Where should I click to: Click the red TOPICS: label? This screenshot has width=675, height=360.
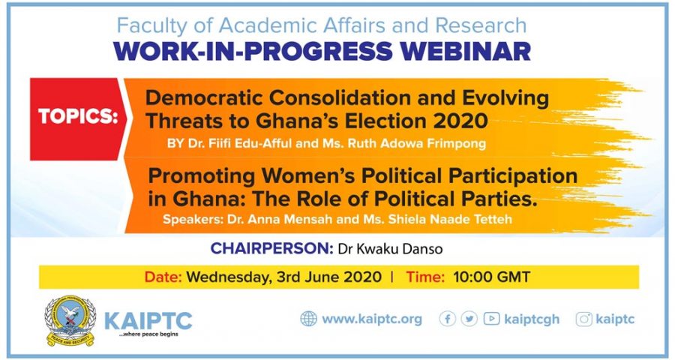(78, 116)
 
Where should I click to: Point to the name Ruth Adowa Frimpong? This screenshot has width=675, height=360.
(417, 143)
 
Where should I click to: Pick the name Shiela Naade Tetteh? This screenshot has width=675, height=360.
(450, 219)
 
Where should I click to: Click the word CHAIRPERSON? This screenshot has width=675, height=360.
(271, 248)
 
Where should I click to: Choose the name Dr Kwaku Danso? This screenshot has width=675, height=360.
(391, 249)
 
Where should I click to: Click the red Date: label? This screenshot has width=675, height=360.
(163, 277)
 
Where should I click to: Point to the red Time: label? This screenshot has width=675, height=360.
(425, 277)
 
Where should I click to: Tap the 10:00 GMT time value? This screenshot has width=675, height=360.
(491, 277)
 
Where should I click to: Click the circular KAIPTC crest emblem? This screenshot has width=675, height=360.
(70, 321)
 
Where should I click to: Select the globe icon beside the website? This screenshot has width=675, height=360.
(308, 319)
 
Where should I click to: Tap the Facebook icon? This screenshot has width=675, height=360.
(447, 319)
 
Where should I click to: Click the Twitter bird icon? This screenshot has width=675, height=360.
(469, 319)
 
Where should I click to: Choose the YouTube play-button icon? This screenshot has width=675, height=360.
(491, 319)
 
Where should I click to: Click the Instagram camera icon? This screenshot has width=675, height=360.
(583, 319)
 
